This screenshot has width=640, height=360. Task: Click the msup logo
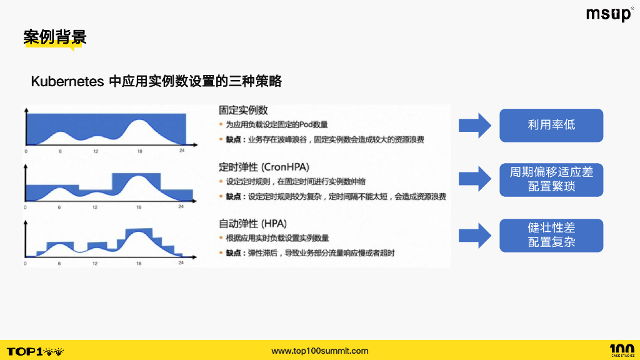point(609,14)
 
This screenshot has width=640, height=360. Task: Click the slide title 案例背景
point(55,36)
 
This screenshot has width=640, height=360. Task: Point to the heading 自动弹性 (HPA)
point(252,223)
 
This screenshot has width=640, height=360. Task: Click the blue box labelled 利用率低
point(551,125)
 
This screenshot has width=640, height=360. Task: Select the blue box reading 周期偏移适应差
point(551,180)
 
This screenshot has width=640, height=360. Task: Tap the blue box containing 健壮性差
point(551,236)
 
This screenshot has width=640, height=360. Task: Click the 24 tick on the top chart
point(181,151)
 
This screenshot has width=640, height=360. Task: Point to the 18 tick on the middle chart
point(138,207)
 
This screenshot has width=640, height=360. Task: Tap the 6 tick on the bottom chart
point(59,263)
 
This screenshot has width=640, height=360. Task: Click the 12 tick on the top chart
point(96,151)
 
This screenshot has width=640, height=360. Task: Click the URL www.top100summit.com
point(320,351)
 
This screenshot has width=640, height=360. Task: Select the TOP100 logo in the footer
point(35,351)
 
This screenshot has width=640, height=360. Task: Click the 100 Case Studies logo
point(621,350)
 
